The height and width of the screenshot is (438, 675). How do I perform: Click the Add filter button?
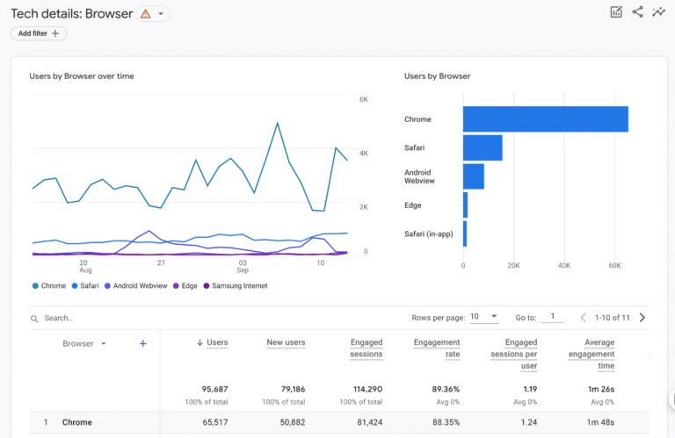[x=39, y=33]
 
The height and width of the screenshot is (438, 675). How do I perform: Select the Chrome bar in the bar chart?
[x=545, y=119]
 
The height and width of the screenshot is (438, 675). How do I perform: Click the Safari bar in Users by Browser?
[x=483, y=147]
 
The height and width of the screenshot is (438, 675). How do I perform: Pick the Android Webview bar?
[x=473, y=176]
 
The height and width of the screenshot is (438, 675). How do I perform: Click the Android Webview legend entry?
[x=135, y=286]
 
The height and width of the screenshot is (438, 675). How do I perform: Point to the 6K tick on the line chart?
[x=363, y=100]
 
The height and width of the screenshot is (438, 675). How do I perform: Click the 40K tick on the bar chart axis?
[x=564, y=264]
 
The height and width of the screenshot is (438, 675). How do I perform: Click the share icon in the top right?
[x=637, y=12]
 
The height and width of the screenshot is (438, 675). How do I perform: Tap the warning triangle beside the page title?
[x=145, y=14]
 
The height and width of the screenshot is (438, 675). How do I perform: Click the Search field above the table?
[x=132, y=318]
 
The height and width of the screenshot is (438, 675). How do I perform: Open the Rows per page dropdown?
[x=483, y=317]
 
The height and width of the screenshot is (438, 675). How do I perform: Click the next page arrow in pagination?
[x=642, y=318]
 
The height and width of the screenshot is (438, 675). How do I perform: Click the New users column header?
[x=286, y=343]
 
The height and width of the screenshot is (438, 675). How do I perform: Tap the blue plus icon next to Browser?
[x=143, y=344]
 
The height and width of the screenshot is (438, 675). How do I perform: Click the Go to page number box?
[x=552, y=317]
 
